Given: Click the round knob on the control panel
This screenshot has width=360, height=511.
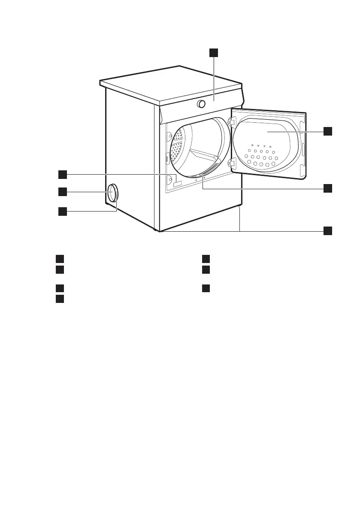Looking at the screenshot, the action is (201, 104).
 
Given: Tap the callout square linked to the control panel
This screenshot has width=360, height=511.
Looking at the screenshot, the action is (213, 53).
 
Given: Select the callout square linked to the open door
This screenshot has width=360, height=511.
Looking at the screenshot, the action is (328, 131).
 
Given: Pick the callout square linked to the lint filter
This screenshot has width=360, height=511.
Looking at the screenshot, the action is (328, 188).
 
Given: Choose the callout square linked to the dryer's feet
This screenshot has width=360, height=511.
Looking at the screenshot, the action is (328, 230).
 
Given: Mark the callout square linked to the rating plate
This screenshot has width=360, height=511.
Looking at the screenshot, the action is (63, 174).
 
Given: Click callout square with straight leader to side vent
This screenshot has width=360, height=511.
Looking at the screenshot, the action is (63, 192).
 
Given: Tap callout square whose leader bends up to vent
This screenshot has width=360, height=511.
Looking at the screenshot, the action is (63, 211).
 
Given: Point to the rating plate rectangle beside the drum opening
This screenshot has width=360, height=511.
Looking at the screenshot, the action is (178, 184).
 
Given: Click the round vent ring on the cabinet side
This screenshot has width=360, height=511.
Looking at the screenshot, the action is (112, 193).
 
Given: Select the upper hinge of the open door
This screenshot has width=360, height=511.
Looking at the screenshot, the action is (232, 122).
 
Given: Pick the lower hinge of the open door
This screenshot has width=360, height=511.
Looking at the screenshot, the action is (232, 163).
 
